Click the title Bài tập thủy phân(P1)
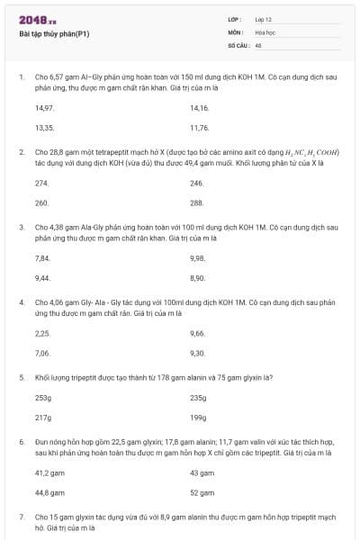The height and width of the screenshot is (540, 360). [54, 34]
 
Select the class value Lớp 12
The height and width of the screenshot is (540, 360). [264, 19]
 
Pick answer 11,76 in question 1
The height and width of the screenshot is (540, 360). [199, 128]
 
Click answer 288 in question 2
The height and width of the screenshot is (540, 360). [197, 202]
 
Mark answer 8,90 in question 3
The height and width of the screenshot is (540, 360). [198, 278]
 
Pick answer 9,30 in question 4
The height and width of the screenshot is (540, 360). [198, 353]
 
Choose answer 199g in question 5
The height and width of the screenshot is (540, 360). [198, 418]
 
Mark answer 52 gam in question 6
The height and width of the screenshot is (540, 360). [202, 493]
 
